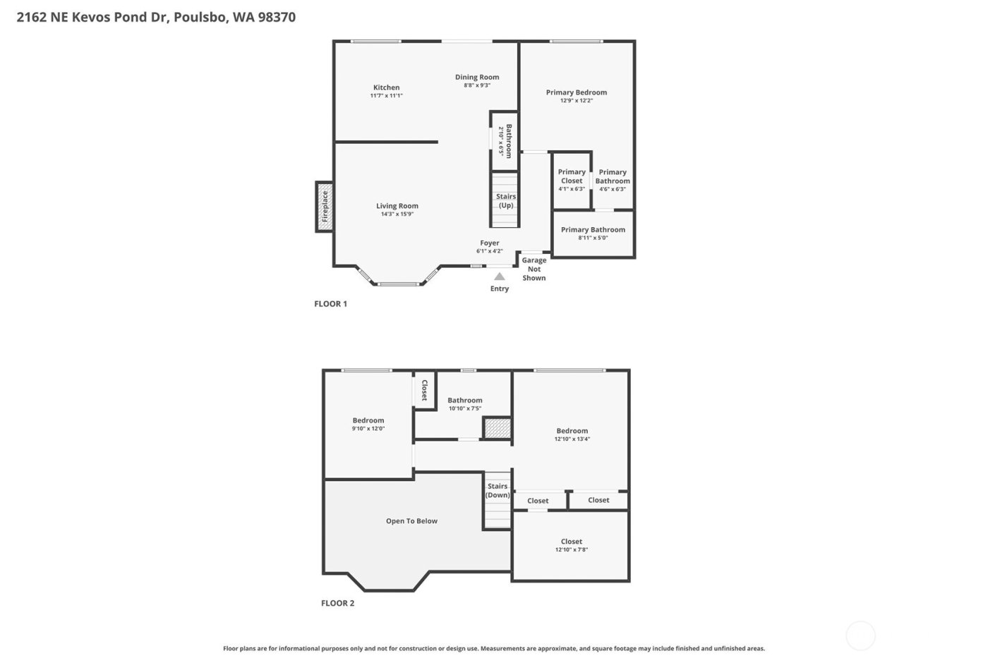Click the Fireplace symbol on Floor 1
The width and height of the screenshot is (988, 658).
coord(325,207)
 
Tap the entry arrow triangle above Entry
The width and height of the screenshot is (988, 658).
coord(500,276)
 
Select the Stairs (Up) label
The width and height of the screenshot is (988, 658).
coord(506,201)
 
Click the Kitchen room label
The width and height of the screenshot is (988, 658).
coord(386,87)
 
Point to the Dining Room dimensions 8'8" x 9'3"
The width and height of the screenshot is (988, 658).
coord(477,85)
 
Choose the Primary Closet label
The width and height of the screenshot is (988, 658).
coord(572,176)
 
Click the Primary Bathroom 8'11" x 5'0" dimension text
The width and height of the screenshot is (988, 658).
coord(593,238)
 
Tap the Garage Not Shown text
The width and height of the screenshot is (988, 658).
coord(534,269)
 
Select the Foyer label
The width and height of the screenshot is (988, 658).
coord(490,243)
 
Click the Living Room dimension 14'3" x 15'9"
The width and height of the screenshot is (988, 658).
coord(397,214)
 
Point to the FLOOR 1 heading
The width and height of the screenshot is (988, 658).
coord(330,304)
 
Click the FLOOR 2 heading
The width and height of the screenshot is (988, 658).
coord(337,603)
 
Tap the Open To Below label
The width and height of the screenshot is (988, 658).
coord(411,521)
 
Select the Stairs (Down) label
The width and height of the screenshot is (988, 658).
coord(498,491)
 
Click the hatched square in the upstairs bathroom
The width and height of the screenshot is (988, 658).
coord(497,428)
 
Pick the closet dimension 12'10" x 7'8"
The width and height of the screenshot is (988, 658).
coord(572,549)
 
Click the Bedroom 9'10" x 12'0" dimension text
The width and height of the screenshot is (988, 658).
coord(368,428)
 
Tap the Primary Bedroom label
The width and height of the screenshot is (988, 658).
coord(577,92)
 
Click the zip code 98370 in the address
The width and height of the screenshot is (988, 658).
coord(277,17)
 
